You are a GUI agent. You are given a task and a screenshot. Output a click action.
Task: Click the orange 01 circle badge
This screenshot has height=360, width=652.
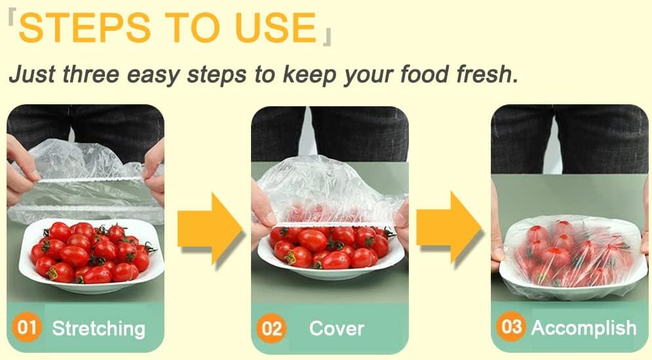(x=27, y=328)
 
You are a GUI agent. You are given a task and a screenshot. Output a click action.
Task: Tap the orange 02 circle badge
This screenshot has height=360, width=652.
(x=271, y=328)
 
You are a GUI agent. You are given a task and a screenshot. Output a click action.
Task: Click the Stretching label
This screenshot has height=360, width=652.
(x=98, y=328)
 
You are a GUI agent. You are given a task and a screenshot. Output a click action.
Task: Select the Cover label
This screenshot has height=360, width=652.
(x=336, y=328)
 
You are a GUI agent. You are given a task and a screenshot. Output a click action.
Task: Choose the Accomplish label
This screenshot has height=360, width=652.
(x=583, y=327)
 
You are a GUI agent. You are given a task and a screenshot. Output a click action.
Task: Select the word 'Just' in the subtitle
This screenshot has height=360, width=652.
(x=32, y=74)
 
